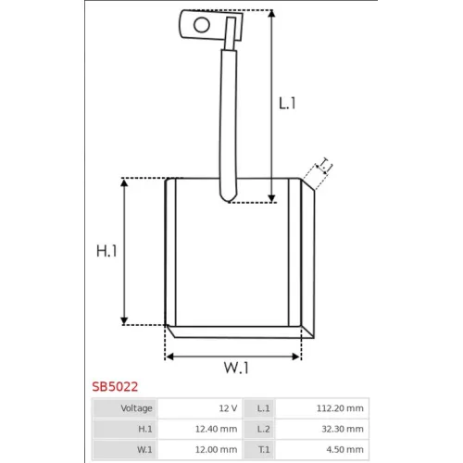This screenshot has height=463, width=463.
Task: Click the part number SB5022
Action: point(115,387)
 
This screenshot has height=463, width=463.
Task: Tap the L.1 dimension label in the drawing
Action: point(287,103)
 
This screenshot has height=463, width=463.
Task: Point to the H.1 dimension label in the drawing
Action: point(106,251)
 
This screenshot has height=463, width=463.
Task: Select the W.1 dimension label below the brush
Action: point(236,368)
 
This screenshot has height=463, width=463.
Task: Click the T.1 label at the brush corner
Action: point(325,165)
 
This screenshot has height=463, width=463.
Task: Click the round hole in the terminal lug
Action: point(202,25)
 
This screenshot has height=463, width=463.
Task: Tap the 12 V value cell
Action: point(200,408)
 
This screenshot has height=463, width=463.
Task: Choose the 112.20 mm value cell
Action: point(322,408)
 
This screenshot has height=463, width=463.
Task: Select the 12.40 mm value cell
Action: point(200,429)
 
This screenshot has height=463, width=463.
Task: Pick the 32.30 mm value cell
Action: point(322,429)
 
